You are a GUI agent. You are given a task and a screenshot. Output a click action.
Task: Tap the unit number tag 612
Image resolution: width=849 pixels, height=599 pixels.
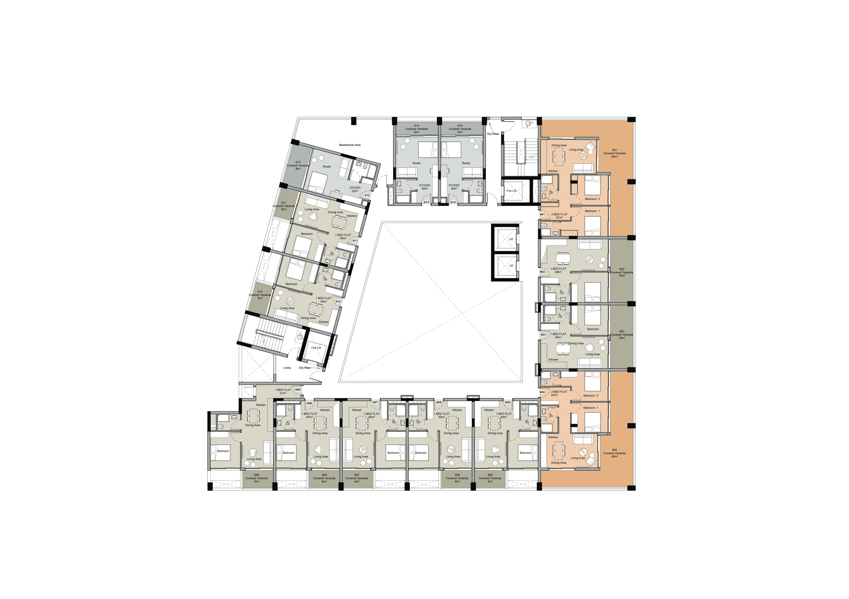click(x=367, y=195)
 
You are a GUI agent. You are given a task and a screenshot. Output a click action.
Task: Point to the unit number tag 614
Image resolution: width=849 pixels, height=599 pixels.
click(x=453, y=202)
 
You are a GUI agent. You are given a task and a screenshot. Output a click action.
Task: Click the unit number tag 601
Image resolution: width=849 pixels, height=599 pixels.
click(x=542, y=214)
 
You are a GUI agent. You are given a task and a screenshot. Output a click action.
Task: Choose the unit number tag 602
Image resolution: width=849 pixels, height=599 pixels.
click(x=542, y=272)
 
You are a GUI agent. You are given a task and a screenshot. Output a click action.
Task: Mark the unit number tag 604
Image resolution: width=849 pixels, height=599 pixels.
click(x=542, y=392)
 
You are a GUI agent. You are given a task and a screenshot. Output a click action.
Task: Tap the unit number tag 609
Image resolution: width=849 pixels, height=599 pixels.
click(x=298, y=390)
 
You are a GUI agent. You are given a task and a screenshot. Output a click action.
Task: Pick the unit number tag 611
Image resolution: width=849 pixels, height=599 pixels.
click(x=355, y=241)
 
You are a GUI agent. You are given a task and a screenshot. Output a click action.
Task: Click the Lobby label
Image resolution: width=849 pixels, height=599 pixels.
click(x=287, y=368)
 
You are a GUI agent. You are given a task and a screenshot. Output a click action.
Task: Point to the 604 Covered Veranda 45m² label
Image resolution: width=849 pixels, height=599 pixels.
click(x=614, y=453)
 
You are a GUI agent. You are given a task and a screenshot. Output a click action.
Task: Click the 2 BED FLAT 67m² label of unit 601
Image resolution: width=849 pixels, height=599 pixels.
click(x=559, y=216)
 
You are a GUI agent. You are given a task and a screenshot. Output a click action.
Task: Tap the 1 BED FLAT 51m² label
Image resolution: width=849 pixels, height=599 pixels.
click(x=283, y=391)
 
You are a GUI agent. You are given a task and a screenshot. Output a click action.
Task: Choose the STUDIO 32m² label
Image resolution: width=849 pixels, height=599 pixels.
click(x=355, y=189)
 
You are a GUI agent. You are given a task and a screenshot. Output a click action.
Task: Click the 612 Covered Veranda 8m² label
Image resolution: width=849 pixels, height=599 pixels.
click(x=298, y=165)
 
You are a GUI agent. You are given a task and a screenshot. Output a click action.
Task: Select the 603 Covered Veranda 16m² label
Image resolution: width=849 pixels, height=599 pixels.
click(x=621, y=335)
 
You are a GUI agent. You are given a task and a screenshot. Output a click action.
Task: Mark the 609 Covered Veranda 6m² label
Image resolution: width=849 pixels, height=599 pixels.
click(x=256, y=478)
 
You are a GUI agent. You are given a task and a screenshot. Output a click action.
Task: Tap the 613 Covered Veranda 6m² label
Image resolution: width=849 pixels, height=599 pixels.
click(x=416, y=129)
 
